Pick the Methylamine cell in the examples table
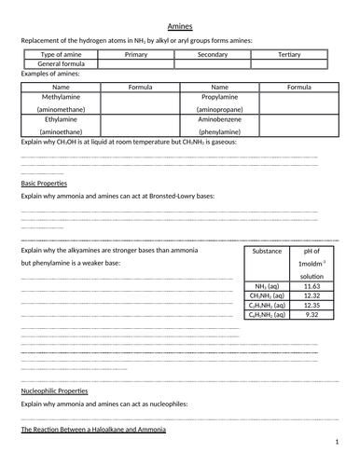(60, 96)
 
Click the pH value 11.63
(312, 284)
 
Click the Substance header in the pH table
(267, 252)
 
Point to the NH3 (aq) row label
(267, 284)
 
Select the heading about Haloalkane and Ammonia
(93, 430)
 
